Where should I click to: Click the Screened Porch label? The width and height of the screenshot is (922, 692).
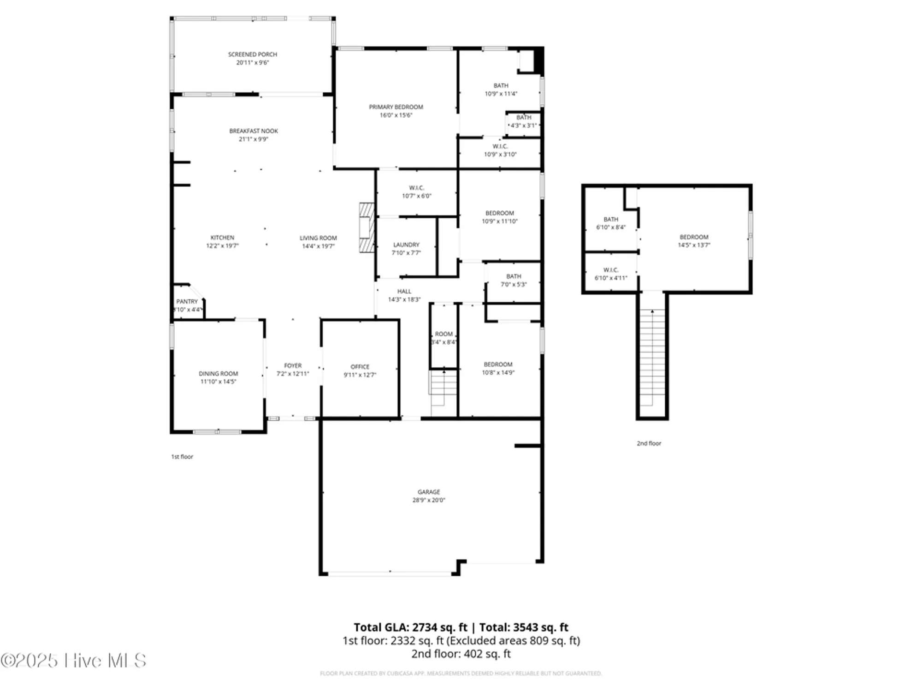pyautogui.click(x=252, y=54)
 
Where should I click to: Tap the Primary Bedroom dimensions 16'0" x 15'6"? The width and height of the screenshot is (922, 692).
pyautogui.click(x=396, y=115)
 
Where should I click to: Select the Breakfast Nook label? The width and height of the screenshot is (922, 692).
pyautogui.click(x=254, y=131)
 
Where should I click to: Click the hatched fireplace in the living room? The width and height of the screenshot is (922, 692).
pyautogui.click(x=367, y=227)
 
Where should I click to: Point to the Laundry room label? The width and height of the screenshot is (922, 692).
pyautogui.click(x=406, y=245)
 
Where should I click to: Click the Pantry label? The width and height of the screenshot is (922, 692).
pyautogui.click(x=187, y=301)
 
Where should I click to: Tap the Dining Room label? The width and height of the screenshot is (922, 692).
pyautogui.click(x=219, y=374)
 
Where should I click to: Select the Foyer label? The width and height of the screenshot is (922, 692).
pyautogui.click(x=293, y=365)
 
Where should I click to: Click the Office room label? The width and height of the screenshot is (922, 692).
pyautogui.click(x=360, y=367)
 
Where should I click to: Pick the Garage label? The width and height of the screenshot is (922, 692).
pyautogui.click(x=429, y=492)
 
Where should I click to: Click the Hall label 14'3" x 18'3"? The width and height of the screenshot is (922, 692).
pyautogui.click(x=404, y=295)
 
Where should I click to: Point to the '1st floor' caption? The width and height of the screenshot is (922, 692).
pyautogui.click(x=182, y=457)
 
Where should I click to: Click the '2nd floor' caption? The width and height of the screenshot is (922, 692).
pyautogui.click(x=649, y=443)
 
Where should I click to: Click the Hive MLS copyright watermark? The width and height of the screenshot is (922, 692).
pyautogui.click(x=74, y=661)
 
